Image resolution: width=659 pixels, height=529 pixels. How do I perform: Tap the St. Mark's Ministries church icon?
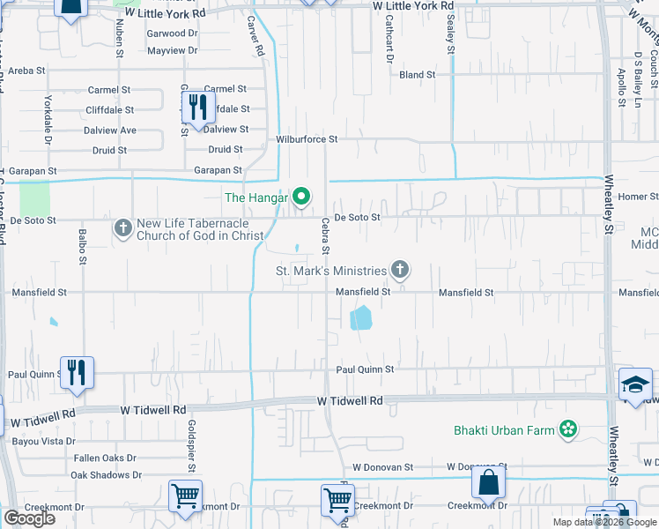click(401, 270)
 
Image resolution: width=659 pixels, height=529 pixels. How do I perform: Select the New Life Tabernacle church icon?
click(122, 229)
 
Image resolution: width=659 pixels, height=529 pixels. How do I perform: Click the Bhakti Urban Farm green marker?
click(568, 429)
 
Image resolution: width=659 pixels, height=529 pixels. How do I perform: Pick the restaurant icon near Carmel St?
click(197, 108)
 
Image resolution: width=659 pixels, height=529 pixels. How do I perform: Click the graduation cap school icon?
click(635, 384)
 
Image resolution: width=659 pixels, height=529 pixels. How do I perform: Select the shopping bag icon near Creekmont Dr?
click(488, 483)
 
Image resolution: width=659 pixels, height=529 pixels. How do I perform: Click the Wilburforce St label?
click(307, 139)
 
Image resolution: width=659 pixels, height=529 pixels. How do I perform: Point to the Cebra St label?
click(325, 235)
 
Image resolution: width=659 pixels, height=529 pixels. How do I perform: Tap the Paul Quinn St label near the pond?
click(363, 369)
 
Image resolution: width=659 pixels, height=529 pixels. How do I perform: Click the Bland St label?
click(417, 75)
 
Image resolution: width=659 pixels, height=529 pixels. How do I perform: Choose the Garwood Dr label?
click(173, 34)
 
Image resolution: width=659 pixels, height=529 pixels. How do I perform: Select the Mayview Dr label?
click(173, 50)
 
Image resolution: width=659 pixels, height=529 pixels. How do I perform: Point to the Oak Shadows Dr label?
click(106, 474)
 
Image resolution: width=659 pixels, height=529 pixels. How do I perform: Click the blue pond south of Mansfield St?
click(360, 317)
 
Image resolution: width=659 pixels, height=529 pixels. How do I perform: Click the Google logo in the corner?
click(29, 518)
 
